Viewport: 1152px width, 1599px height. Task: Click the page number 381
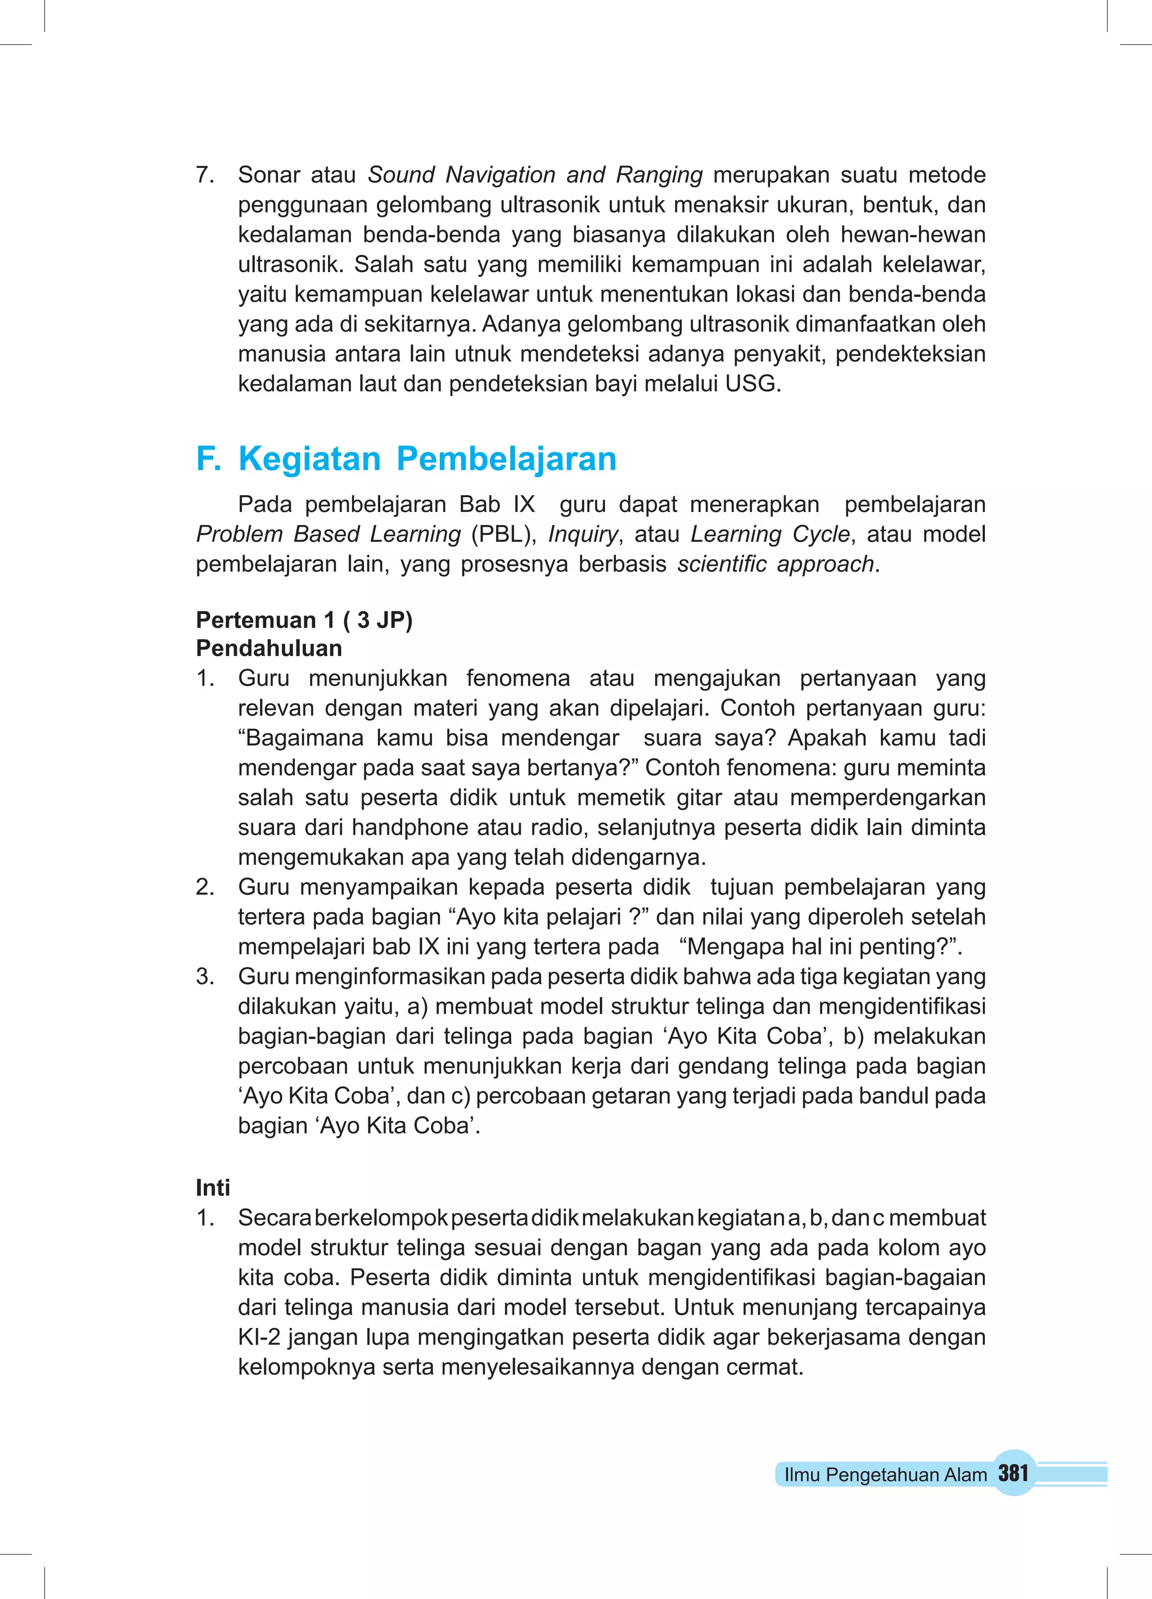[x=1013, y=1473]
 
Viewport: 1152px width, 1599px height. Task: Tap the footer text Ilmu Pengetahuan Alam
[x=885, y=1475]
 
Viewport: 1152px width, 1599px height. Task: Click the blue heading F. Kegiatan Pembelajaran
[x=406, y=459]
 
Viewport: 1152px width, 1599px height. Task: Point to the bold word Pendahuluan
[x=269, y=648]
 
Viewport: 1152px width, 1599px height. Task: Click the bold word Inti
[x=213, y=1188]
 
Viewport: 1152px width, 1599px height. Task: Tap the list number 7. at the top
[x=205, y=175]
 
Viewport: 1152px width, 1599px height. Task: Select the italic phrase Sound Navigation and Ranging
[x=535, y=175]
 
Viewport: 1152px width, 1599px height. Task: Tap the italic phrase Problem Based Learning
[x=328, y=535]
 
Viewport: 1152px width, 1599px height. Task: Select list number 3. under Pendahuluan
[x=205, y=977]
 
